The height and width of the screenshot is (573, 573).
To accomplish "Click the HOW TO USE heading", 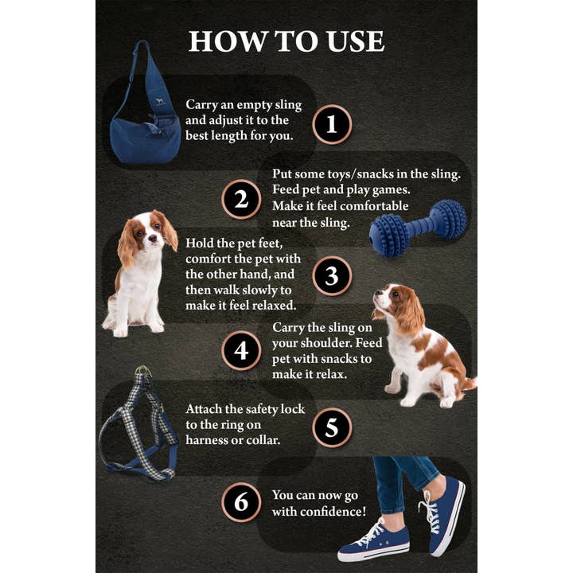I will click(286, 41).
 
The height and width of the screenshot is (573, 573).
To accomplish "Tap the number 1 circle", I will click(332, 124).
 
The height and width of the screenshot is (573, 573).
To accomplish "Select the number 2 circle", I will click(241, 199).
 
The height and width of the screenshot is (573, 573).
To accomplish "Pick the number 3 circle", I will click(332, 275).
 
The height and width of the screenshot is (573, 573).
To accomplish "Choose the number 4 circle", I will click(241, 351).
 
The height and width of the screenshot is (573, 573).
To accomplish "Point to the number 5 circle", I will click(332, 427).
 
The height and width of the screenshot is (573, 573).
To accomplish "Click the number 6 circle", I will click(241, 502).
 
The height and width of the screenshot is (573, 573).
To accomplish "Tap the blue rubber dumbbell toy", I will click(418, 228).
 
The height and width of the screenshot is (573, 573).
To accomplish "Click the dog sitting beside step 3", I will click(142, 271).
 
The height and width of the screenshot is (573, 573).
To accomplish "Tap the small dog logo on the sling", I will click(159, 102).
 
